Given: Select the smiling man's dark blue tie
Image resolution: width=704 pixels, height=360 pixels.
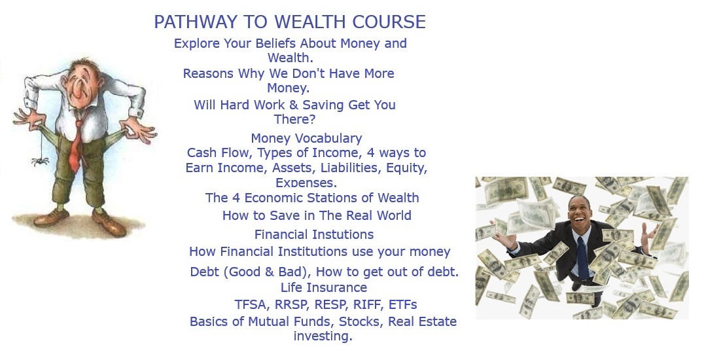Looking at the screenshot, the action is click(583, 257).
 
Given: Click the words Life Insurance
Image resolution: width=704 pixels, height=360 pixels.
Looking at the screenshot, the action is click(324, 287).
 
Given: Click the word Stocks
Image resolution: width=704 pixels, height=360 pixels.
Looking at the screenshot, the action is click(361, 322).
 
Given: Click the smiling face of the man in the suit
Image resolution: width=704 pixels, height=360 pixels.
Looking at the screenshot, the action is click(579, 211).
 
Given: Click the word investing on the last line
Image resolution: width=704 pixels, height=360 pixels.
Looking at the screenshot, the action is click(323, 336).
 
